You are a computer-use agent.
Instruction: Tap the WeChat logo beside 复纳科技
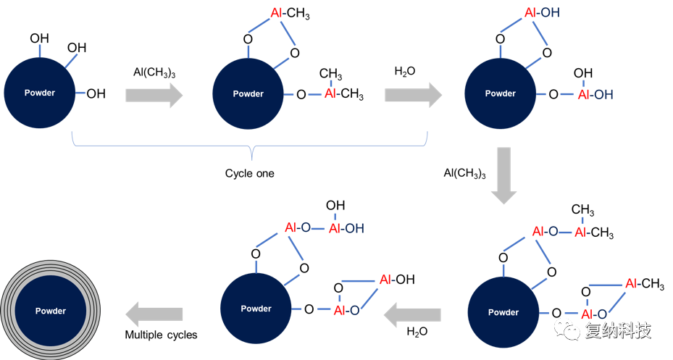pyautogui.click(x=567, y=330)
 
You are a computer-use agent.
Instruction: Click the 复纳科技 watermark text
pyautogui.click(x=617, y=331)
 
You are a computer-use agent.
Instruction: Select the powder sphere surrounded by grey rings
pyautogui.click(x=51, y=311)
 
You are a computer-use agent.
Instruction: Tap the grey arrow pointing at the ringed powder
pyautogui.click(x=154, y=314)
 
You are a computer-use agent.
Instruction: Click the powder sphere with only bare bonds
pyautogui.click(x=40, y=93)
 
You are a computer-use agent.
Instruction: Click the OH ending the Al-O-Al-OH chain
pyautogui.click(x=354, y=229)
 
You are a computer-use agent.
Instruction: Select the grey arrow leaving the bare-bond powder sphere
pyautogui.click(x=154, y=95)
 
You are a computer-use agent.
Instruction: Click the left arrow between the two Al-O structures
pyautogui.click(x=411, y=314)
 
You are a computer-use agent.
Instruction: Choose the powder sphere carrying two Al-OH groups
pyautogui.click(x=500, y=93)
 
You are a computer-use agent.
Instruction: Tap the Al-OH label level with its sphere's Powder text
pyautogui.click(x=595, y=95)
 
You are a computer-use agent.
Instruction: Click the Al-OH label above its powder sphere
pyautogui.click(x=541, y=13)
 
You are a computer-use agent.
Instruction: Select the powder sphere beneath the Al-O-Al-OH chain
pyautogui.click(x=256, y=309)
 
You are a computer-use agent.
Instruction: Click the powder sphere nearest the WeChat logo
pyautogui.click(x=503, y=312)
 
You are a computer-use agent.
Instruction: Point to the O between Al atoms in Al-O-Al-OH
pyautogui.click(x=306, y=229)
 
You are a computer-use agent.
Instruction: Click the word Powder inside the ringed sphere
pyautogui.click(x=51, y=311)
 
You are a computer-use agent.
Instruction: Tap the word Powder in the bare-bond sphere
pyautogui.click(x=40, y=93)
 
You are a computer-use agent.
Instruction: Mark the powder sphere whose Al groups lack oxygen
pyautogui.click(x=248, y=93)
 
